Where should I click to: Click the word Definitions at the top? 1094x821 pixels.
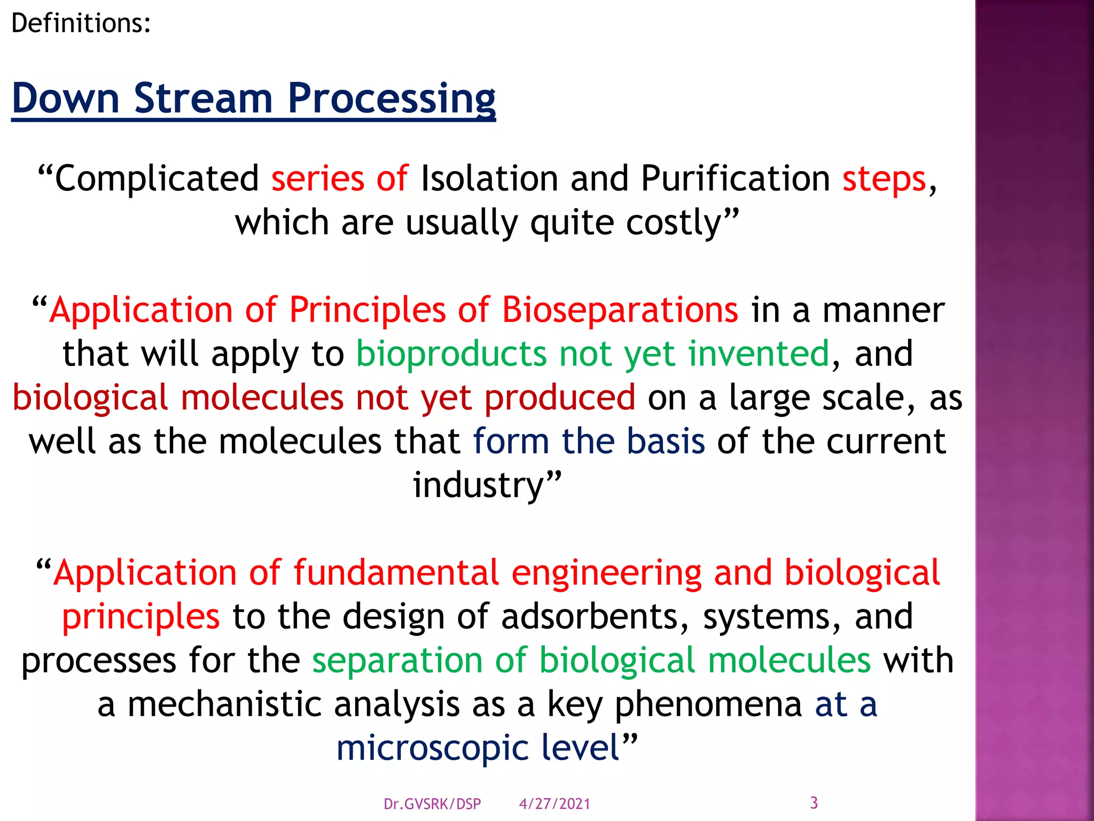tap(80, 24)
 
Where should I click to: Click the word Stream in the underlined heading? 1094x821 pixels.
tap(203, 98)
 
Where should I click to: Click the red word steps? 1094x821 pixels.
tap(884, 179)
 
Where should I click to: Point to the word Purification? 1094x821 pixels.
tap(735, 179)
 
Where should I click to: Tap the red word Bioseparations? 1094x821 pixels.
tap(620, 310)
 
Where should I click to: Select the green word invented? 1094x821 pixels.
tap(759, 354)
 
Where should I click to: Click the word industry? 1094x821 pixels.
tap(478, 485)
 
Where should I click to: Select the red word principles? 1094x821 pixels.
tap(140, 617)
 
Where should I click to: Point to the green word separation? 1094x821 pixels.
tap(397, 661)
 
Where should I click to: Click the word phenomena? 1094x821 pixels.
tap(708, 704)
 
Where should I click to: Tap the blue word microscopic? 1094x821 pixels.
tap(432, 748)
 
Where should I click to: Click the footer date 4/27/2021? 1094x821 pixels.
tap(554, 804)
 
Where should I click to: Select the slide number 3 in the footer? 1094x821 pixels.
tap(814, 803)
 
